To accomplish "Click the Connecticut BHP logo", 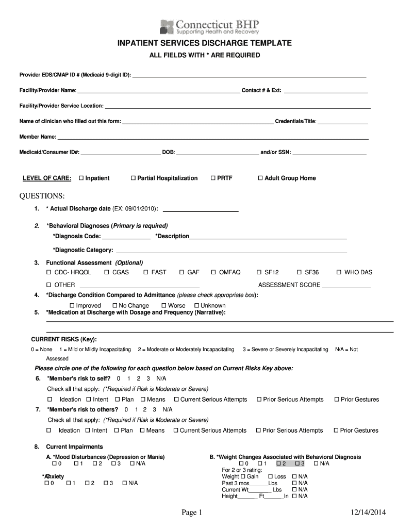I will pos(209,26).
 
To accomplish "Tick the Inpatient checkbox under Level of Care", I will pos(81,178).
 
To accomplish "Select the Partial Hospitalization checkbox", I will pos(133,178).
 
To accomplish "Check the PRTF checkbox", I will pos(212,178).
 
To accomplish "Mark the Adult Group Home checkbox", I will pos(260,178).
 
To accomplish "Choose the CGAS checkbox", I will pos(107,272).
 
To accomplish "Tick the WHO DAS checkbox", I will pos(339,272).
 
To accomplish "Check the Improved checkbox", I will pos(72,306).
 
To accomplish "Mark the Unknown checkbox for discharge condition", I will pos(196,306).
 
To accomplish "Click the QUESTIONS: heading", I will pos(42,196).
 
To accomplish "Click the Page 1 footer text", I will pos(193,512).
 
